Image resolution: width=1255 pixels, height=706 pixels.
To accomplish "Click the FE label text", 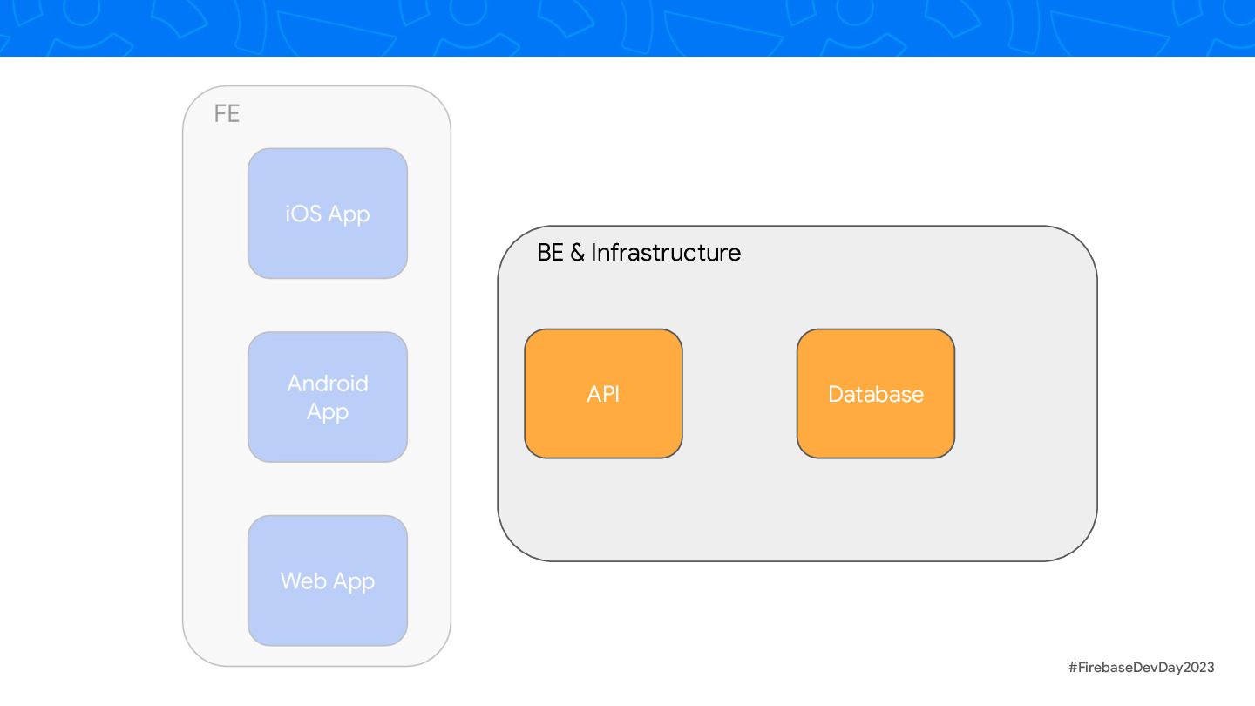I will point(227,114).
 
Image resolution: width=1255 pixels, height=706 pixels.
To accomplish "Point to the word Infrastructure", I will point(666,253).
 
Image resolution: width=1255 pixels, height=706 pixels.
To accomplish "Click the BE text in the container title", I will point(550,253).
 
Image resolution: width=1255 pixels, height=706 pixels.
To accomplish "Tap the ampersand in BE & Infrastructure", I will point(577,253).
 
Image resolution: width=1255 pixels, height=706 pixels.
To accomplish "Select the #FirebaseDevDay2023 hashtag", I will point(1141,668).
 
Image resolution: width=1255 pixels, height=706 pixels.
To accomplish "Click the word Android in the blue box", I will point(328,384).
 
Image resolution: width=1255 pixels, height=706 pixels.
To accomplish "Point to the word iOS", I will point(303,214).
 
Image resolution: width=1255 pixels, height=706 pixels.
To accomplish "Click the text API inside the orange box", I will point(603,394).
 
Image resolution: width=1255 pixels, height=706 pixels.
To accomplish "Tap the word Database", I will point(876,394).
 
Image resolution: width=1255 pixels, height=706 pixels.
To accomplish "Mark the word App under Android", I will point(328,411).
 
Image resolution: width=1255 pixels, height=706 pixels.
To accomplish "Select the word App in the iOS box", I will point(349,214).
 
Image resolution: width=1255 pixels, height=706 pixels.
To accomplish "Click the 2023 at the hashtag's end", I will point(1198,668).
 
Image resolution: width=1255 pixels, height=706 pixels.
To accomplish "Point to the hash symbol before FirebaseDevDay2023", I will point(1073,668).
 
